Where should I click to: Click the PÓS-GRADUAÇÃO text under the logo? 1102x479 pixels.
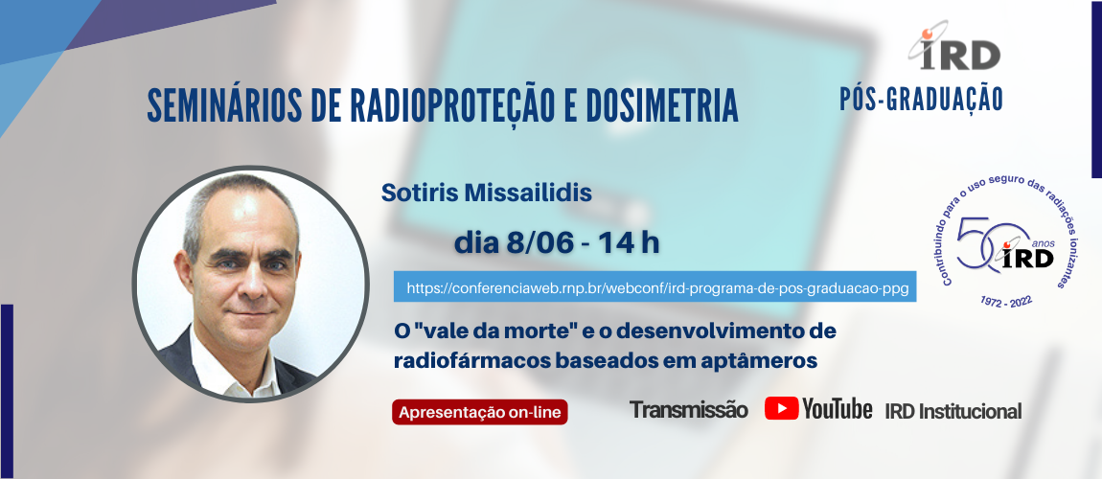(x=920, y=98)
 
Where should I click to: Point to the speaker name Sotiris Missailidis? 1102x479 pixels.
(x=487, y=193)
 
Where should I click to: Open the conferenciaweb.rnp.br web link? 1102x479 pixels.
(x=655, y=286)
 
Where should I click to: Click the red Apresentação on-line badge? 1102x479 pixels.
(x=480, y=412)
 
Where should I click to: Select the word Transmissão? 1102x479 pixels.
(x=688, y=410)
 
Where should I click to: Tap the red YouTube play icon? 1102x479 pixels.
(x=782, y=408)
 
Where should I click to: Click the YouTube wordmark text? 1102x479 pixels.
(x=838, y=409)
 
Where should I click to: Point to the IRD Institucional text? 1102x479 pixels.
(x=953, y=411)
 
